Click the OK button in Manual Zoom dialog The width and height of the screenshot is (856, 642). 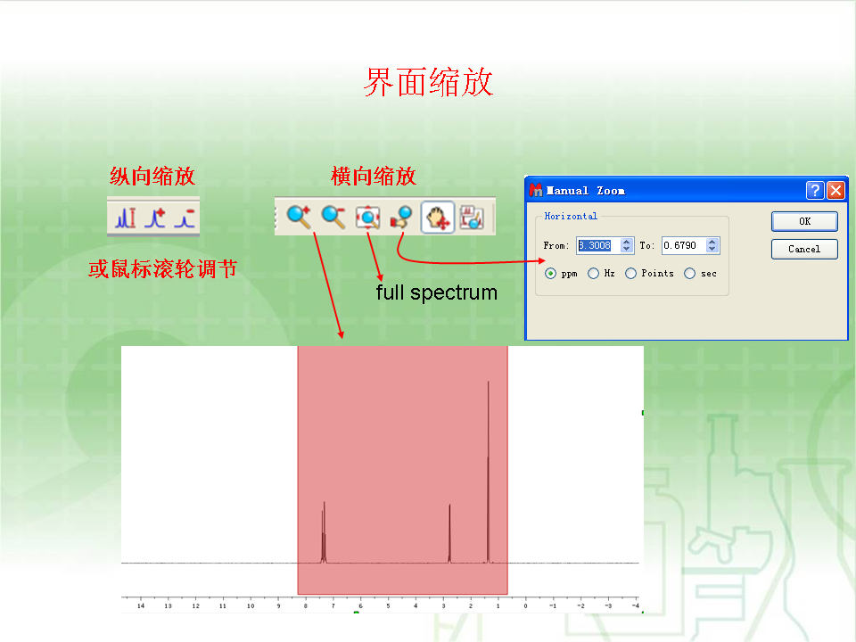pos(804,221)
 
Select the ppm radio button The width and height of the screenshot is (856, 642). pos(550,274)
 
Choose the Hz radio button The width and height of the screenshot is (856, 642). pos(594,274)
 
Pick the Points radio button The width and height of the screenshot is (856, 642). pos(630,274)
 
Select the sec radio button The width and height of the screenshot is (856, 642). pos(690,274)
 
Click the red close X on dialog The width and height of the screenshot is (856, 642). pos(835,190)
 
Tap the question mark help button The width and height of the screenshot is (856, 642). pos(815,190)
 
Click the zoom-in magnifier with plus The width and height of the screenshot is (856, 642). pos(299,217)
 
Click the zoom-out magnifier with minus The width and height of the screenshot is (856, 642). pos(333,217)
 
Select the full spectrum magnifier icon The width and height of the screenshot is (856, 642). pos(367,217)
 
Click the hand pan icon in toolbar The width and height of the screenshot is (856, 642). pos(437,218)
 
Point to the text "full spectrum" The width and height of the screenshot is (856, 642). pos(437,292)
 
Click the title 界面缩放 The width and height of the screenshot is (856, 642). pos(429,82)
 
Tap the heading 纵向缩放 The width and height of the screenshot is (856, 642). pos(152,176)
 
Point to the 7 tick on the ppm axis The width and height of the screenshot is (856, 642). pos(333,605)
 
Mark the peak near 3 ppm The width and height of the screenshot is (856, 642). pos(449,505)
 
